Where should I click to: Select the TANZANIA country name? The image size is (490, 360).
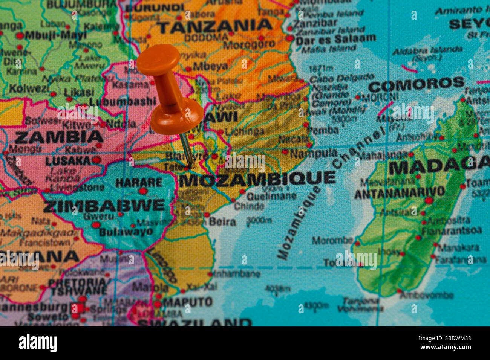pos(214,26)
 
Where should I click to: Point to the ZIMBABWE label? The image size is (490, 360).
pos(104,206)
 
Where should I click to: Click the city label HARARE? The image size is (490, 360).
pos(139,183)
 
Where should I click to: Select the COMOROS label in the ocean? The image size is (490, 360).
pos(416,84)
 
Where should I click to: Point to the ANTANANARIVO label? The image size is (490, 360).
pos(399,192)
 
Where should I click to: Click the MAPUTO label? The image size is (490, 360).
pos(188,302)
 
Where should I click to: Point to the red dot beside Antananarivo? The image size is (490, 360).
pos(429,200)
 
